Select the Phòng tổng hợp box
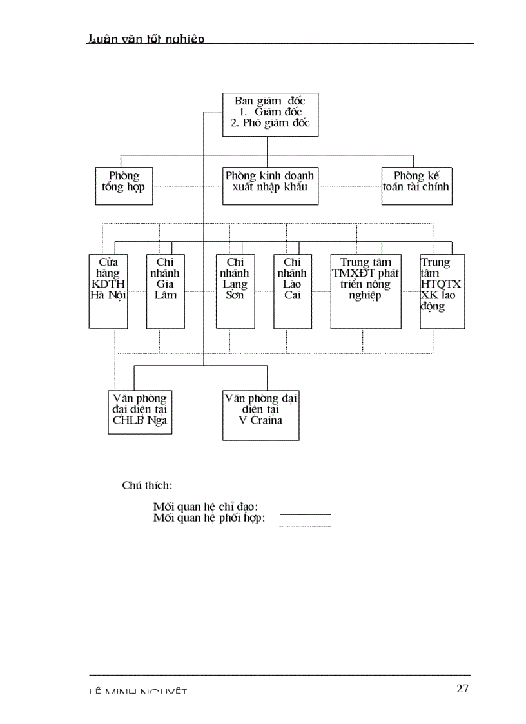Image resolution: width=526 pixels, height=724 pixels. point(124,186)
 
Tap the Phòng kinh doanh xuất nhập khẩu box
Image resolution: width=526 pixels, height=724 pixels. point(270,186)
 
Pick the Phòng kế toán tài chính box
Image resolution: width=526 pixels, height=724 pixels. point(416,186)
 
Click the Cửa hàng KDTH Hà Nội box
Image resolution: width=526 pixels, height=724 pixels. point(108,291)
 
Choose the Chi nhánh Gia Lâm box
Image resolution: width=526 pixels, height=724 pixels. point(165,291)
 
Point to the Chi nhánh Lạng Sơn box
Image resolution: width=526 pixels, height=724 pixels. point(235,291)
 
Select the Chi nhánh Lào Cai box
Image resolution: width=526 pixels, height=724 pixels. point(292,291)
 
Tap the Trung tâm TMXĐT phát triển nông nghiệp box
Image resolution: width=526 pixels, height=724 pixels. point(365,291)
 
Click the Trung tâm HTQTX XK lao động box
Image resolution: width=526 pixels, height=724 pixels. point(442,291)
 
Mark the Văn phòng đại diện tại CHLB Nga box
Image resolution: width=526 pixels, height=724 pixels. point(140,411)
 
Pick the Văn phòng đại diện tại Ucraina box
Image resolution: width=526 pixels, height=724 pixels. point(260,415)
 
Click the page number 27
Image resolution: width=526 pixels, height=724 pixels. point(462,689)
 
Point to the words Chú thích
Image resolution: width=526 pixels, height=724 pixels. point(147,485)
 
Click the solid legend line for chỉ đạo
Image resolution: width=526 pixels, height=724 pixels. point(306,514)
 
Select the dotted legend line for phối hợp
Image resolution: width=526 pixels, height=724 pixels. point(305,527)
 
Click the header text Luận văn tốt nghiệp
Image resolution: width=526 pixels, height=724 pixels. point(146,39)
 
